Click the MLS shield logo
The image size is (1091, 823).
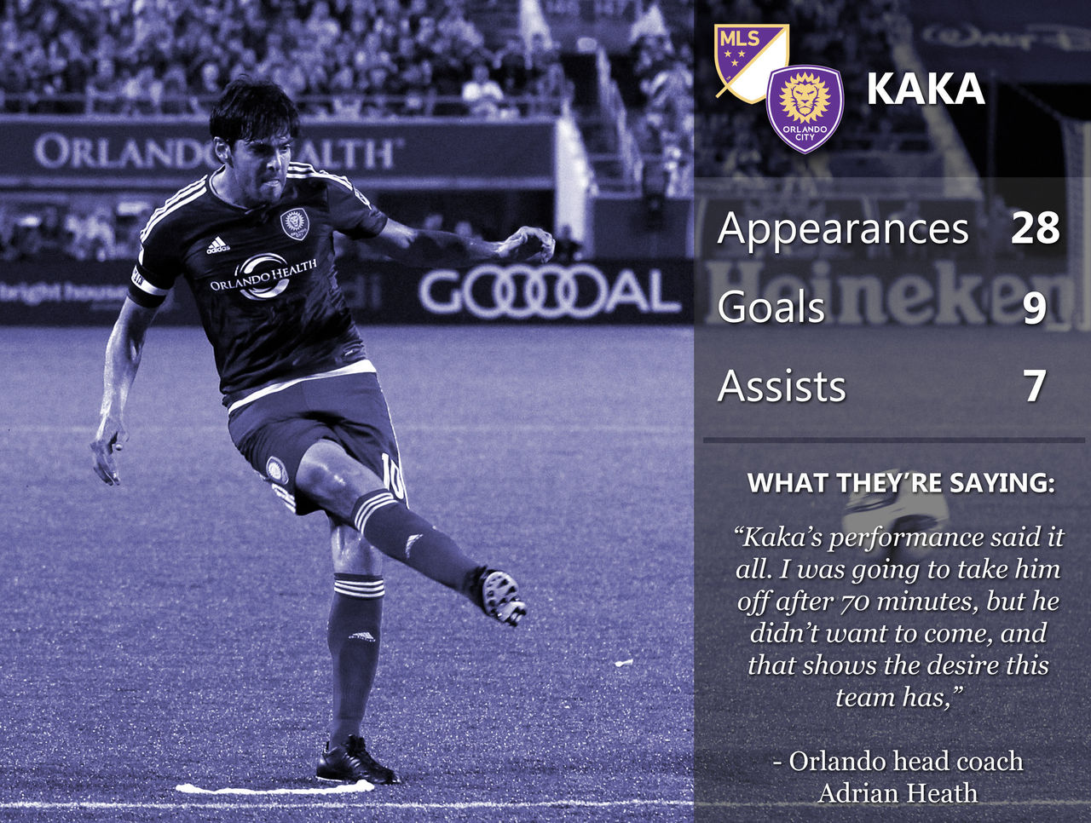[751, 63]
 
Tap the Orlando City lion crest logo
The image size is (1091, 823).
[805, 109]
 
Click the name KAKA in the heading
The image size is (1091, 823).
[926, 89]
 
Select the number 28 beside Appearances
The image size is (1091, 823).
[1035, 228]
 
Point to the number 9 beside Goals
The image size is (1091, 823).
[1035, 308]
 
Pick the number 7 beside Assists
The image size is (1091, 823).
[1035, 386]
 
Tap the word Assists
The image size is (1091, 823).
[782, 386]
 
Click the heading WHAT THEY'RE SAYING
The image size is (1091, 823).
[901, 483]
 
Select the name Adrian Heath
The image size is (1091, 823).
[898, 793]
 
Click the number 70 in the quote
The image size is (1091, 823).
[856, 602]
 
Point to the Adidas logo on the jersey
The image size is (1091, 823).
[217, 245]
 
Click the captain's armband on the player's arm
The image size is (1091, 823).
[147, 285]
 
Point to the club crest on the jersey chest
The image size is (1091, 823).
[294, 224]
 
